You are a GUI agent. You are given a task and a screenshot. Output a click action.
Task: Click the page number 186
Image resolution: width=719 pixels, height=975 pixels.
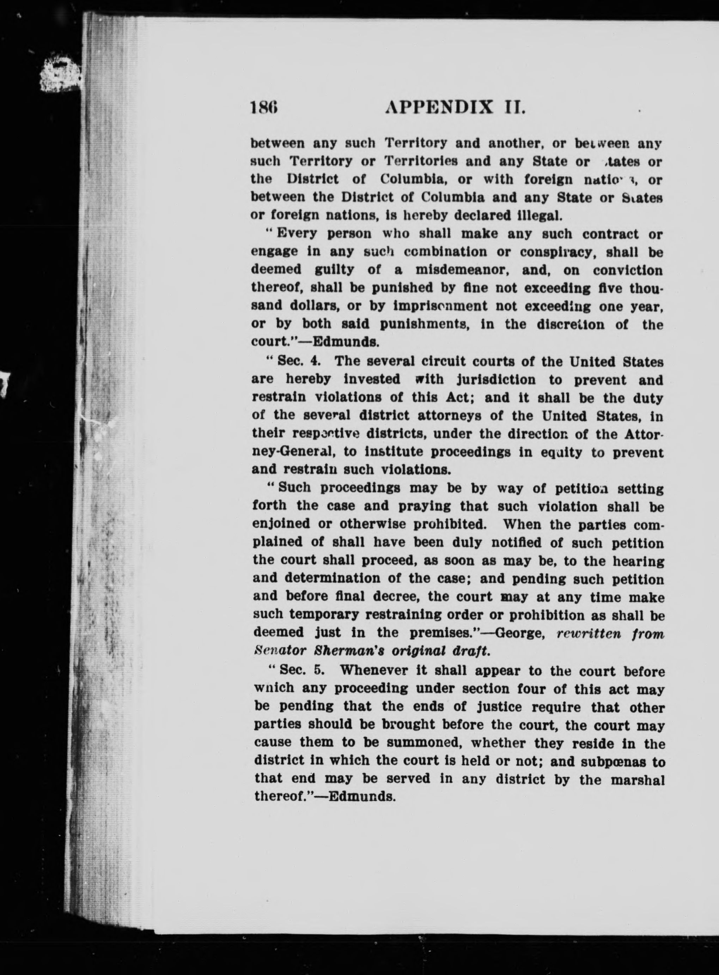[x=264, y=107]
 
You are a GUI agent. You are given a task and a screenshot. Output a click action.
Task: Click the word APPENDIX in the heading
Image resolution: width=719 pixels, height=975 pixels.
[x=440, y=107]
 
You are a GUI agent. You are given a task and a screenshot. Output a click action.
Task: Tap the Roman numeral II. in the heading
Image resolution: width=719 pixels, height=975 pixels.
[x=514, y=107]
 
